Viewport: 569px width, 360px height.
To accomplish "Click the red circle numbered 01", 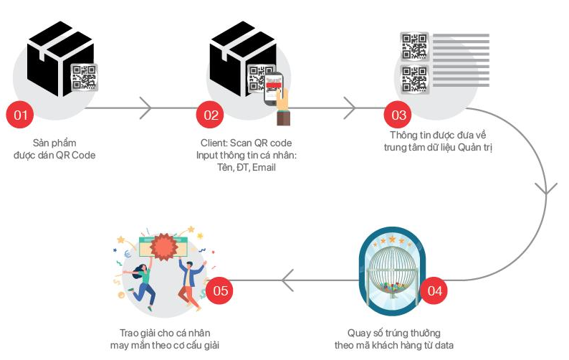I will click(x=21, y=114).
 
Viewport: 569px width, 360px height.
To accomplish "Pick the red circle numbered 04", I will click(x=435, y=290).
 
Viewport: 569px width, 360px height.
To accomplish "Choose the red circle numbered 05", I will click(x=221, y=290).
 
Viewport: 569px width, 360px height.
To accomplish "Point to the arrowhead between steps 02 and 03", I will click(x=350, y=109).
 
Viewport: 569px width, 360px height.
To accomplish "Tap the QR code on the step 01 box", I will click(x=84, y=77).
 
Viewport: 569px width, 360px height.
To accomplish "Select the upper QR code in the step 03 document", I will click(x=414, y=46).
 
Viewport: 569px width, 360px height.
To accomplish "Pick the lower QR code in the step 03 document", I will click(x=414, y=78).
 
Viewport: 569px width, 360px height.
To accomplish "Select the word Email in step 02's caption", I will click(x=263, y=167).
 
